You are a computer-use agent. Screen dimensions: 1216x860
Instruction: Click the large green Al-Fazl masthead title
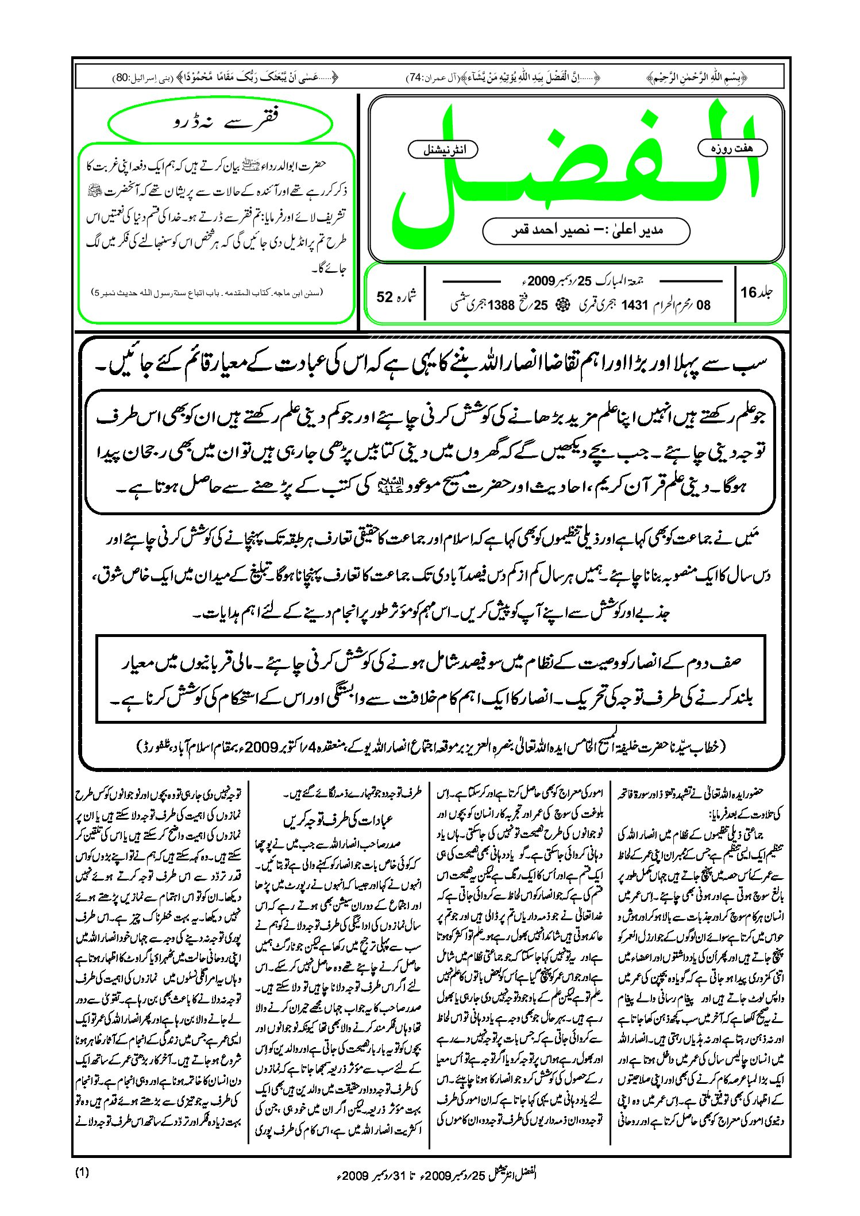(x=574, y=172)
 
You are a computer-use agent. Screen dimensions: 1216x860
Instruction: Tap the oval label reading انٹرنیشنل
(x=443, y=150)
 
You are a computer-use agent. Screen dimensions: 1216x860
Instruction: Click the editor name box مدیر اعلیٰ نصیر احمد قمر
(x=586, y=230)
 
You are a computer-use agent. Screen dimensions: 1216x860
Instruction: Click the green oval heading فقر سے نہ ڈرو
(x=221, y=122)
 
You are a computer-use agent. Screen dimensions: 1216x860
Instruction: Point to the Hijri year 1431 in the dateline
(x=634, y=305)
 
